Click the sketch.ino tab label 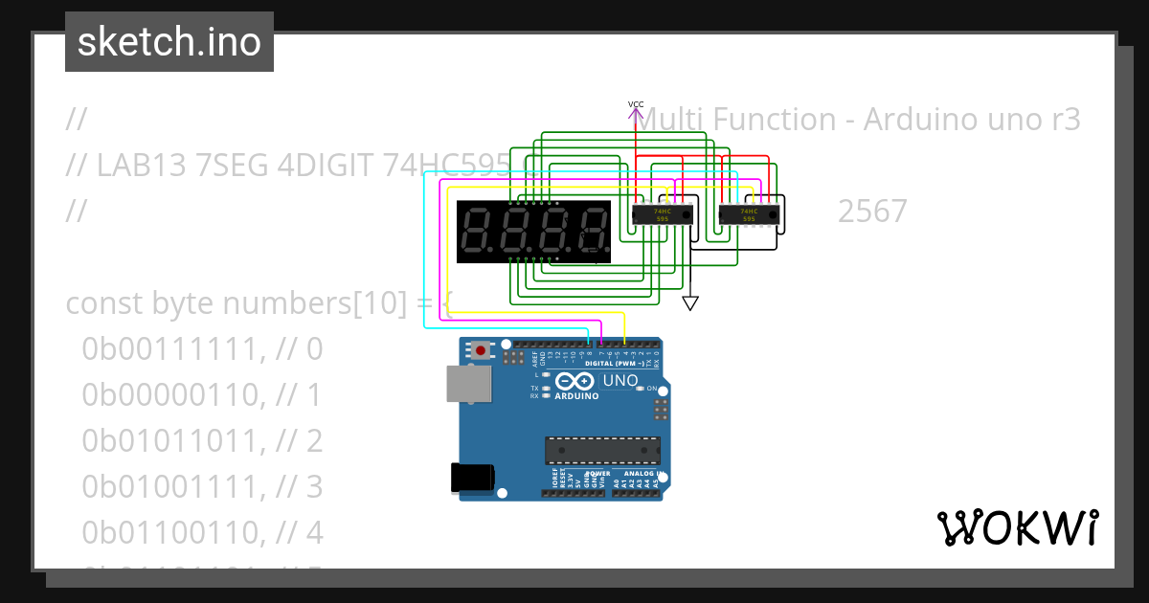169,42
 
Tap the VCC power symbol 636,112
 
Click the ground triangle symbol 689,303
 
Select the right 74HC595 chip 750,214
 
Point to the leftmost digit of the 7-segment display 477,232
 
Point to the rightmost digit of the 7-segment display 594,232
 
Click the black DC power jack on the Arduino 473,478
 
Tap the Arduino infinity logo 574,382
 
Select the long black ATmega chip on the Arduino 602,450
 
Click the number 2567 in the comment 872,212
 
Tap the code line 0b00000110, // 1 202,395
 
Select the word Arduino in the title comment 920,120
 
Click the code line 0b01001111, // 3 202,487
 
